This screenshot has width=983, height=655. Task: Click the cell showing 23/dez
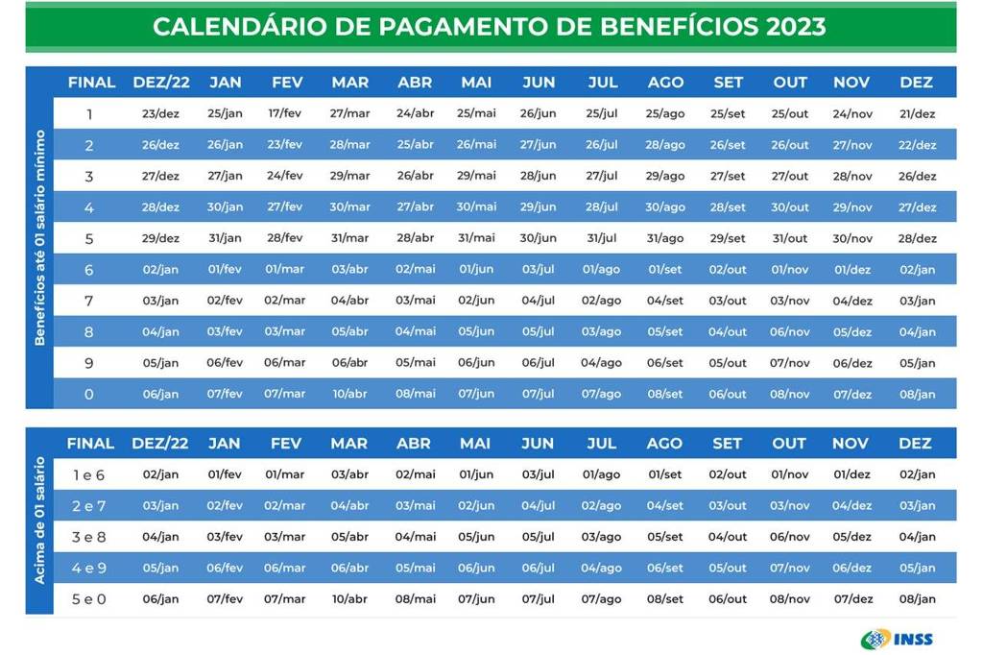[x=160, y=113]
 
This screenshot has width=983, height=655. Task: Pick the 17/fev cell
[x=286, y=113]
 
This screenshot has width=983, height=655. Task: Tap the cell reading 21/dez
[x=917, y=113]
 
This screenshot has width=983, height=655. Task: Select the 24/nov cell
[x=851, y=113]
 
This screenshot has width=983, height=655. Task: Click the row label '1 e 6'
[x=89, y=474]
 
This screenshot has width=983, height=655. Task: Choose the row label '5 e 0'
[x=89, y=599]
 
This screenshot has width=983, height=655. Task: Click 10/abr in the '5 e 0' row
[x=349, y=599]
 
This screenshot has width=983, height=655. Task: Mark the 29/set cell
[x=728, y=238]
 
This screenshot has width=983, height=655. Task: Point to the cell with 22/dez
[x=917, y=145]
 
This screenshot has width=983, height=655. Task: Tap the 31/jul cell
[x=602, y=238]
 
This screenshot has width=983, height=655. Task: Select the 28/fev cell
[x=286, y=238]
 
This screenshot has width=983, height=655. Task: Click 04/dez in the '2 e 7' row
[x=851, y=505]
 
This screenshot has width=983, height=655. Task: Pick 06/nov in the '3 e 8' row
[x=790, y=537]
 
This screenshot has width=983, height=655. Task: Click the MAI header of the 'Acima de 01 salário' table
[x=474, y=444]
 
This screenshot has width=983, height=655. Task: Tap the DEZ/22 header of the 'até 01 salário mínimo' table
[x=160, y=83]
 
